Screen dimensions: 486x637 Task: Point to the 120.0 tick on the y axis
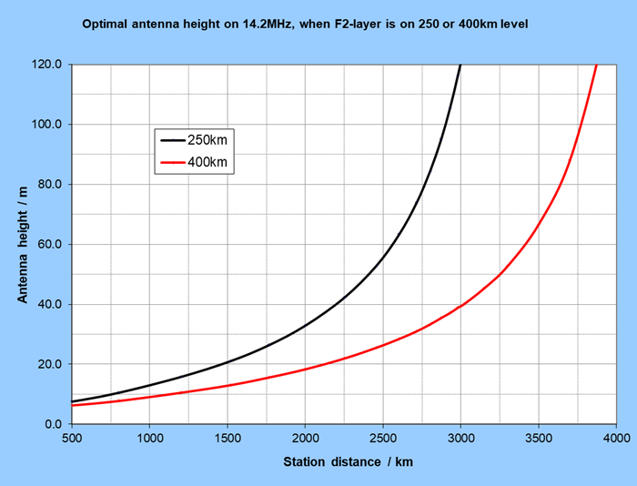pyautogui.click(x=45, y=65)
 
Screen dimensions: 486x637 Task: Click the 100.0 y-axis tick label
pyautogui.click(x=45, y=125)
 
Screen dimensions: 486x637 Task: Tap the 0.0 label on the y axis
pyautogui.click(x=51, y=424)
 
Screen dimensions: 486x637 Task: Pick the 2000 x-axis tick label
pyautogui.click(x=305, y=439)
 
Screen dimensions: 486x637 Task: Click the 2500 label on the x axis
pyautogui.click(x=383, y=439)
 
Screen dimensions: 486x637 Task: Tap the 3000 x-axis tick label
pyautogui.click(x=460, y=439)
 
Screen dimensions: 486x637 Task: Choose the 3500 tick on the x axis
pyautogui.click(x=539, y=439)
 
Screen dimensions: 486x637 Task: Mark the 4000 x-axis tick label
pyautogui.click(x=616, y=439)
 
